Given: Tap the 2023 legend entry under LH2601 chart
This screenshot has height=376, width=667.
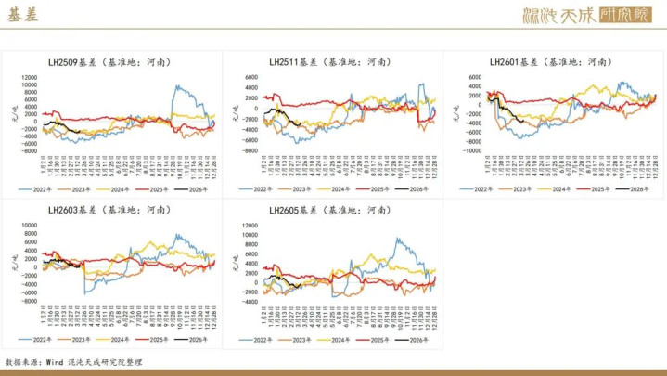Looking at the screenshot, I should (x=525, y=189).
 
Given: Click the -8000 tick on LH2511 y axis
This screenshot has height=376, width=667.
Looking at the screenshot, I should (x=248, y=149).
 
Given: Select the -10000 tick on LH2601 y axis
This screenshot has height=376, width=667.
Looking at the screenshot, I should (x=470, y=149).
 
